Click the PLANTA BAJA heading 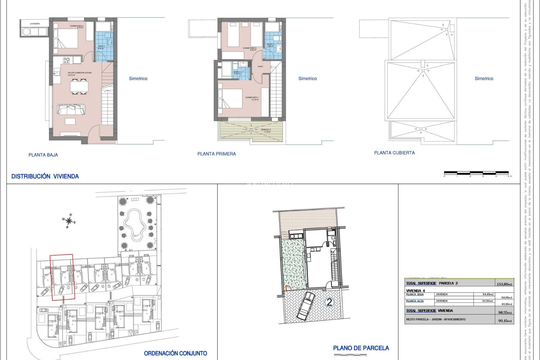tap(43, 155)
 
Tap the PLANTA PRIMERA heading tap(217, 154)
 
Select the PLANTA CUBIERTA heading tap(394, 153)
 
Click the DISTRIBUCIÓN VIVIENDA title tap(45, 176)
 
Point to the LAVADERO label tap(35, 24)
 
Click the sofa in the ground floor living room tap(71, 109)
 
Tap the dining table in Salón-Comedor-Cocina tap(79, 86)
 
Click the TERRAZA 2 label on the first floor tap(265, 130)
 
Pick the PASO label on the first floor tap(260, 67)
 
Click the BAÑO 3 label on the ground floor tap(101, 47)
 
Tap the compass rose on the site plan tap(69, 221)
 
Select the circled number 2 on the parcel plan tap(329, 302)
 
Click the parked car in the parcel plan tap(305, 306)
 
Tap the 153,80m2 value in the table tap(504, 284)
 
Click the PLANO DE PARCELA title tap(361, 348)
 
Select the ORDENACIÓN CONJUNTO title tap(175, 354)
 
